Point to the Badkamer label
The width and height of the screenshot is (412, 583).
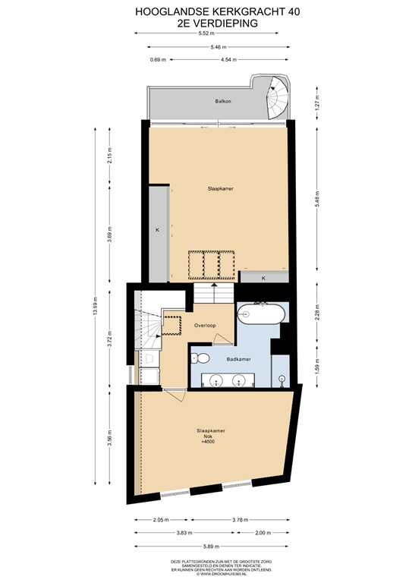tap(239, 358)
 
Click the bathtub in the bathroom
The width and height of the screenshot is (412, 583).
tap(260, 313)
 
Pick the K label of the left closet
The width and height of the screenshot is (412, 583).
tap(158, 229)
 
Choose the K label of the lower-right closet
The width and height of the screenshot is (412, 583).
tap(263, 278)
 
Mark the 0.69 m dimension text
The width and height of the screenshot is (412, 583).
tap(157, 59)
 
